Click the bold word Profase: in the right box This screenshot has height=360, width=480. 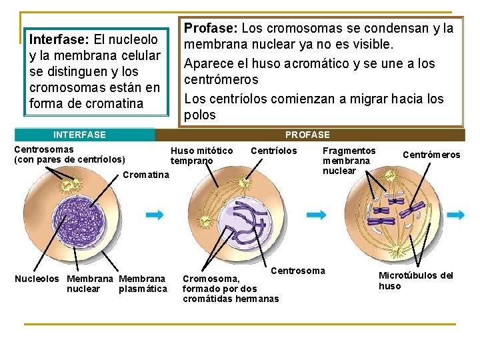click(211, 29)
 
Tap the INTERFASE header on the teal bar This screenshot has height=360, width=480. click(79, 135)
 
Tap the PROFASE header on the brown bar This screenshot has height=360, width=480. click(307, 135)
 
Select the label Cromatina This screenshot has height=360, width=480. click(147, 175)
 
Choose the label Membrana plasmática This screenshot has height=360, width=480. click(142, 283)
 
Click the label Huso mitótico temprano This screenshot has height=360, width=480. click(201, 155)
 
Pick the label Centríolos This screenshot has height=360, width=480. click(273, 151)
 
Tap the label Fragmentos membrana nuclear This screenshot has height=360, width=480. click(348, 161)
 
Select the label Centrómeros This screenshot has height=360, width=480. click(431, 155)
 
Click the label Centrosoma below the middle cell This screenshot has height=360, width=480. click(298, 271)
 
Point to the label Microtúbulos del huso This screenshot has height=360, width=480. click(416, 281)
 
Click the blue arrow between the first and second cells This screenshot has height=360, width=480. click(155, 215)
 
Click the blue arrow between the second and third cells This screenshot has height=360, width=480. click(316, 215)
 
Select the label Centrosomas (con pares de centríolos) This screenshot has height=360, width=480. click(69, 155)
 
